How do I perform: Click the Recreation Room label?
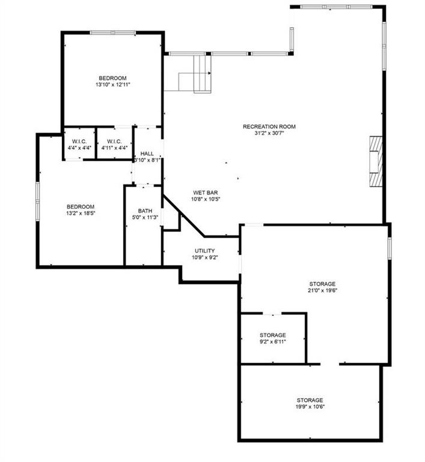tap(269, 126)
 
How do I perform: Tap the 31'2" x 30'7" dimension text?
tap(269, 133)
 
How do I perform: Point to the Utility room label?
tap(204, 250)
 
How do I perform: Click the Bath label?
tap(145, 211)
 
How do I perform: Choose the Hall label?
tap(147, 153)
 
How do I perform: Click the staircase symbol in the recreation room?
tap(196, 73)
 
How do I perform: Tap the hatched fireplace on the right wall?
tap(376, 161)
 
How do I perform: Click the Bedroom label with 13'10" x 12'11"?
tap(112, 78)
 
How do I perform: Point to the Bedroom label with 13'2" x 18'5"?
tap(80, 206)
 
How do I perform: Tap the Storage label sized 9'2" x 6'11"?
tap(272, 335)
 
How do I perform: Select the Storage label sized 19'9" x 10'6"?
tap(310, 400)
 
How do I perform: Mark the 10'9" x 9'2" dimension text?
tap(204, 257)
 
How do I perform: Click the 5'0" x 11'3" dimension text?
tap(145, 217)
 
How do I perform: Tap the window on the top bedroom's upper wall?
tap(112, 33)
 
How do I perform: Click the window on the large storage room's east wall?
tap(390, 247)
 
